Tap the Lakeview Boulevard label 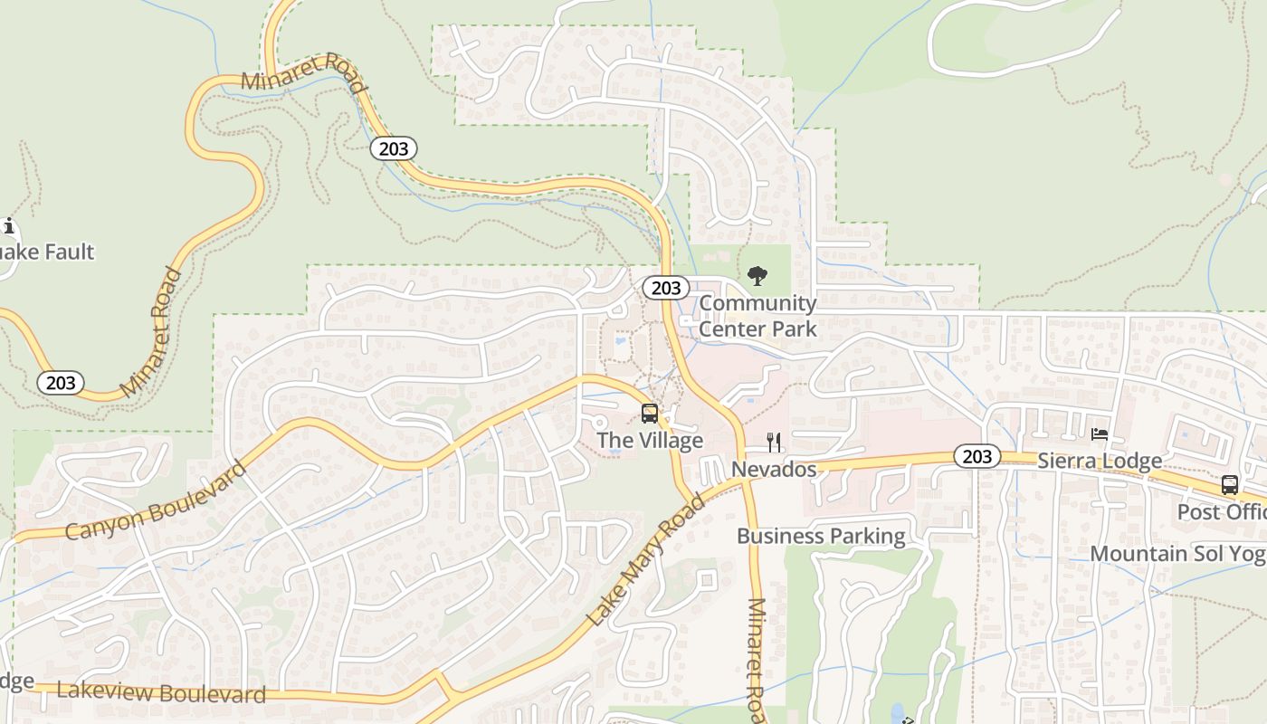point(161,692)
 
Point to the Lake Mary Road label point(646,560)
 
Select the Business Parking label point(821,536)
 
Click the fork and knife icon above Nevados point(774,442)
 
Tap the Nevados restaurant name point(774,470)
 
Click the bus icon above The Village point(650,414)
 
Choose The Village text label point(650,441)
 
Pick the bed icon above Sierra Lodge point(1100,434)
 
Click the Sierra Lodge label point(1100,461)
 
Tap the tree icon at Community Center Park point(757,275)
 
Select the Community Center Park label point(757,315)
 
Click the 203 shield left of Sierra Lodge point(977,456)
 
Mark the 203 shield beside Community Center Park point(666,288)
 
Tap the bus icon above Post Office point(1229,484)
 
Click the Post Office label point(1222,511)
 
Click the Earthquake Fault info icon point(9,225)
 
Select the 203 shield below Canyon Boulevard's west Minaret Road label point(61,383)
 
